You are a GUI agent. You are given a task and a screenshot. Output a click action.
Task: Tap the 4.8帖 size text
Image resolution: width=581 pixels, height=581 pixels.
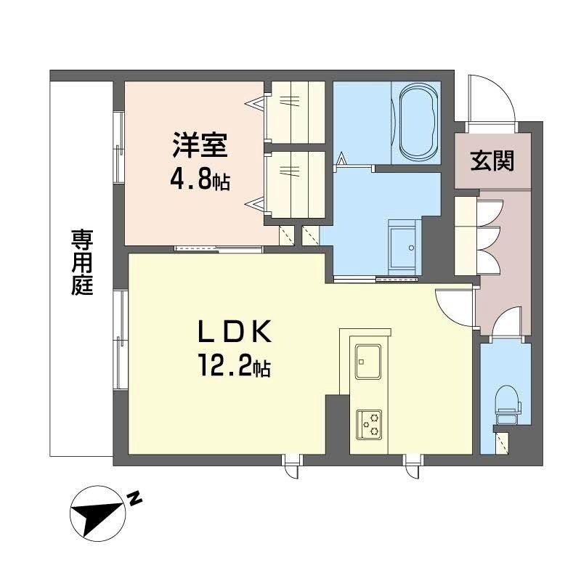pos(200,179)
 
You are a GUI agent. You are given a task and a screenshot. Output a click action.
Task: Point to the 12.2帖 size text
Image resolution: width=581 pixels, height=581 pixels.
pos(234,367)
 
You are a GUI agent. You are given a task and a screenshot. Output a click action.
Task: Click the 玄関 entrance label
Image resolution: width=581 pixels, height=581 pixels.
pos(492,160)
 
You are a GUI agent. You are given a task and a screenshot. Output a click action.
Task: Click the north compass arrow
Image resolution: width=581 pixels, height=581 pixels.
pos(97,510)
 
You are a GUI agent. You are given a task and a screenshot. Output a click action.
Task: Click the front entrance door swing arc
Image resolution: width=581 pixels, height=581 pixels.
pos(490,98)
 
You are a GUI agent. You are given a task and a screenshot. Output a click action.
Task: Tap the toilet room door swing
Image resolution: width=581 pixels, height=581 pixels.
pos(504,323)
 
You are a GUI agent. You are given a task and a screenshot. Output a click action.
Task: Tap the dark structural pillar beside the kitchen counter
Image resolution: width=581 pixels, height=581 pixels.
pos(337,424)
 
